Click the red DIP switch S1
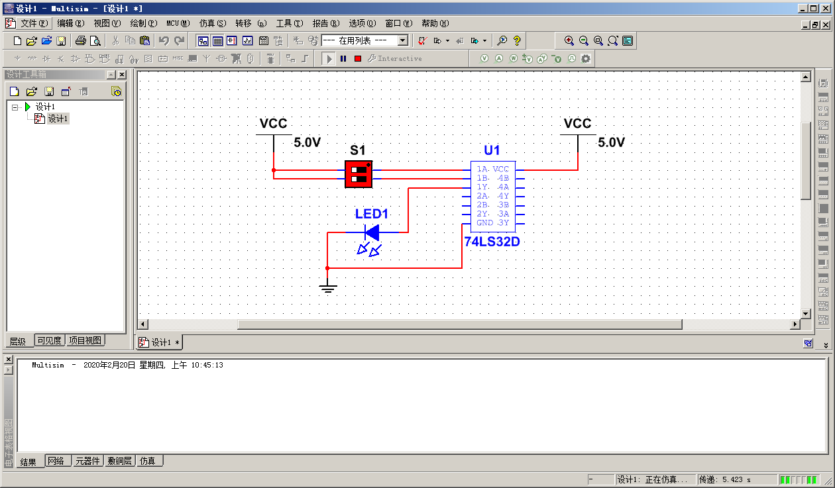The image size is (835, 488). coord(359,173)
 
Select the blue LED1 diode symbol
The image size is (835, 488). coord(372,232)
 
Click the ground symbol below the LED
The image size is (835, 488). coord(327,287)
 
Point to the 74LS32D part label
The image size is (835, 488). coord(492,242)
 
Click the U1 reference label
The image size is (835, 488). coord(492,150)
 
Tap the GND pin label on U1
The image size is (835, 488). coord(484,223)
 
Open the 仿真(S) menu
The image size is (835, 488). coord(212,23)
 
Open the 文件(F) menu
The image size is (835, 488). coord(34,23)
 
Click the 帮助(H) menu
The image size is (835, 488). coord(435,23)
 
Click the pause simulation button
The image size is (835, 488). coord(343,58)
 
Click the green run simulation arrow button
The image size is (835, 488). coord(329,58)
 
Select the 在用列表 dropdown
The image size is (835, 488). coord(364,40)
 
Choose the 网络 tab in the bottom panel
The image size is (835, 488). coord(56,461)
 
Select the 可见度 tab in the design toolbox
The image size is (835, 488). coord(49,340)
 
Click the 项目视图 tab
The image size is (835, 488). coord(85,340)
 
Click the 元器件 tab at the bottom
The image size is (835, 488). coord(88,461)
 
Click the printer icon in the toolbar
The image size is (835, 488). coord(80,40)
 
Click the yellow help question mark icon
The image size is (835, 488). coord(517,40)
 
